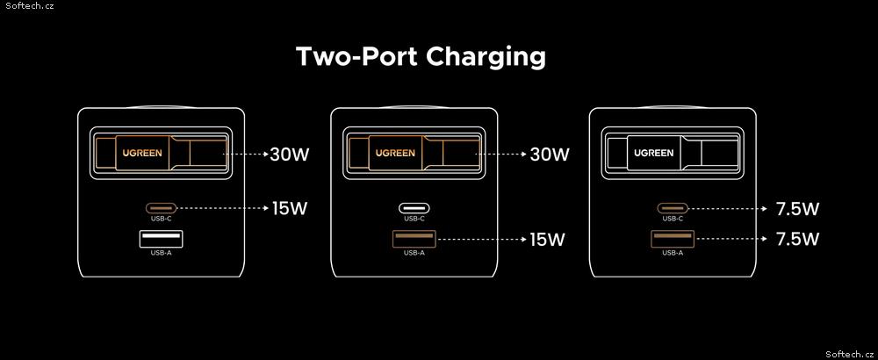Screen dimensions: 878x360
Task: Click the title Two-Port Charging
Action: point(421,57)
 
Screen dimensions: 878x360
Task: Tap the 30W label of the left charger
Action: point(290,154)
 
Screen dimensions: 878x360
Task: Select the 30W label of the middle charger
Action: point(550,154)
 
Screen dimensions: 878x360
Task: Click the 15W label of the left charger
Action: point(290,209)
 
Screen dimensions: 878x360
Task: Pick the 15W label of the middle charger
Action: point(548,240)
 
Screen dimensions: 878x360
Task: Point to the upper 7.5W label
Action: point(797,209)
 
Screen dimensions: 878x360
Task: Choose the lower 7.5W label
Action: point(797,240)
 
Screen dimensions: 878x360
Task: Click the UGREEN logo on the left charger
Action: point(143,152)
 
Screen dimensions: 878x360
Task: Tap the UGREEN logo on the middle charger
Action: point(395,152)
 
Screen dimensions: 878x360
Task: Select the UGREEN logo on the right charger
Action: point(654,152)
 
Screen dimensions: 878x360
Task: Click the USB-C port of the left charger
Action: point(162,208)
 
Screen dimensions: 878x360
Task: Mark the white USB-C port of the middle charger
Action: point(414,208)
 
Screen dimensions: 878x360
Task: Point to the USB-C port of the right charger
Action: point(673,208)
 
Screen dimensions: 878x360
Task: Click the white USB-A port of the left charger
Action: point(162,239)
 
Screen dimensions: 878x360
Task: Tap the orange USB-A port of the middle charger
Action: point(414,239)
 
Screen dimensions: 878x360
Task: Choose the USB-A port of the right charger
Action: point(673,239)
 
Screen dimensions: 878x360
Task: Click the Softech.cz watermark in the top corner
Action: point(27,5)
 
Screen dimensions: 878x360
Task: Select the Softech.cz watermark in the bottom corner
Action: point(851,354)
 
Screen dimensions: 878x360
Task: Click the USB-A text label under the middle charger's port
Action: point(414,253)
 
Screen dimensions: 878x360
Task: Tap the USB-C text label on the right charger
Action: point(673,219)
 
